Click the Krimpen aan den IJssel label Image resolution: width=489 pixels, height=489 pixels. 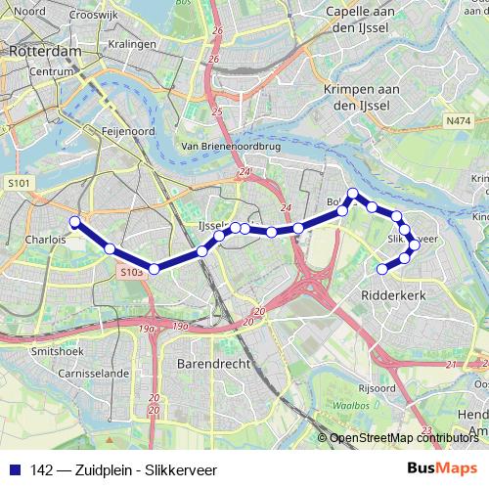(363, 95)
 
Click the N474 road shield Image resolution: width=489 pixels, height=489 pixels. (457, 120)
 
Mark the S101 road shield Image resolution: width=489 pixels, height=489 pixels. (18, 182)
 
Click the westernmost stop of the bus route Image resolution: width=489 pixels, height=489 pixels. (74, 221)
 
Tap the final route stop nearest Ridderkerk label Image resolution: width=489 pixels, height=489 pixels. (382, 268)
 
